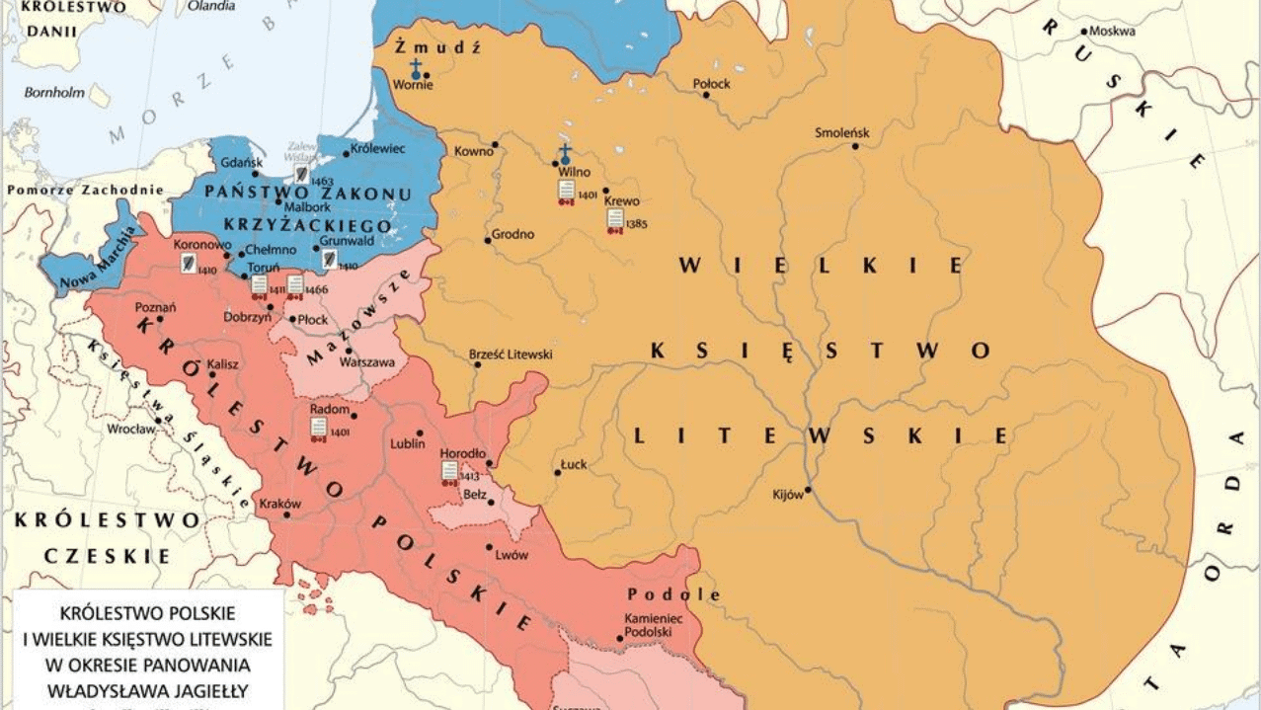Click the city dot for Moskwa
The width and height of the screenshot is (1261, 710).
tap(1084, 32)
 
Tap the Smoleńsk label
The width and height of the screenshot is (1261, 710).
tap(841, 132)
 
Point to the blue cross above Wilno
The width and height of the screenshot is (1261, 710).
tap(566, 153)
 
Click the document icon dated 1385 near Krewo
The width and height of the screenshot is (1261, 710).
tap(614, 217)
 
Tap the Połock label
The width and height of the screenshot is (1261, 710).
tap(712, 84)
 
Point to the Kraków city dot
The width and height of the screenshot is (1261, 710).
tap(287, 514)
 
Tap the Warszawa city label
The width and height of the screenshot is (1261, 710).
tap(366, 362)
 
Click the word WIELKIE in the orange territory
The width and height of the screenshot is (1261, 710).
tap(822, 265)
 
